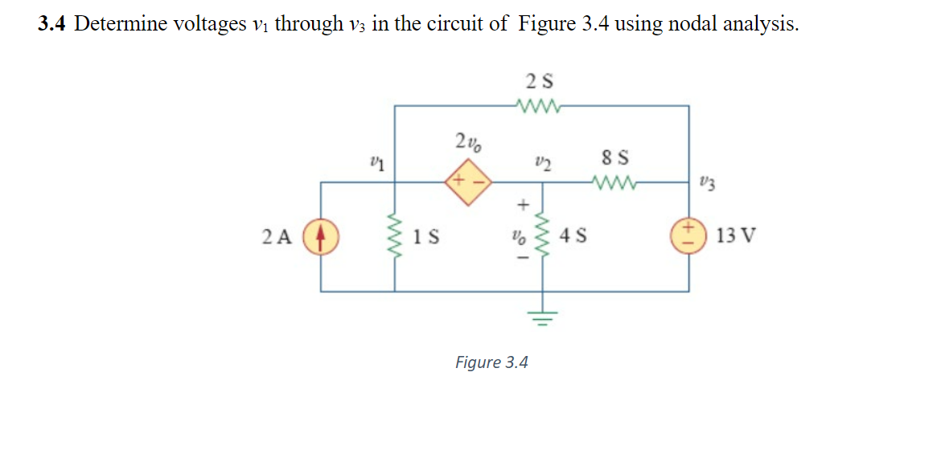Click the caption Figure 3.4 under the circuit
pos(491,362)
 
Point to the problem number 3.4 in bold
pos(54,24)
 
